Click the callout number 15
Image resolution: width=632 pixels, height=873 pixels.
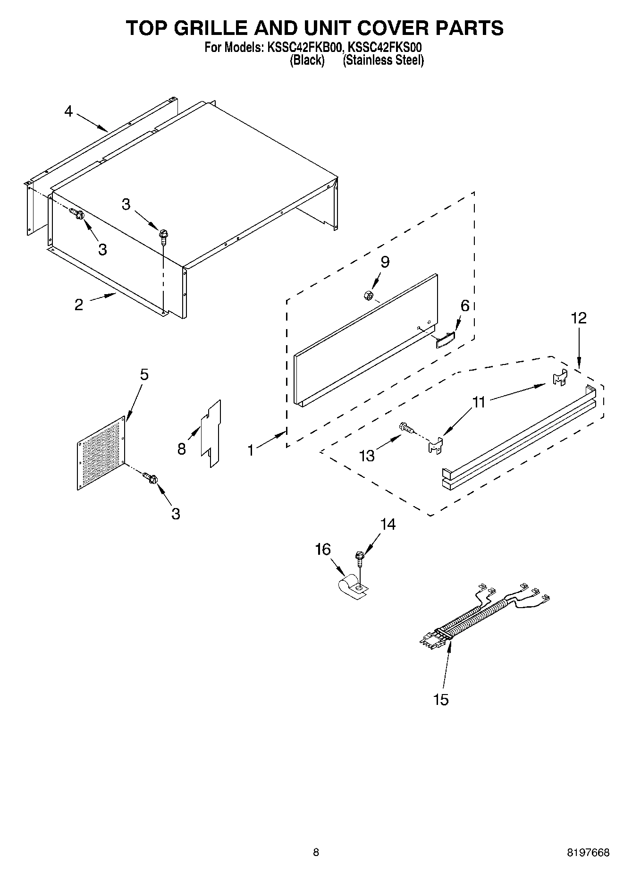pos(440,699)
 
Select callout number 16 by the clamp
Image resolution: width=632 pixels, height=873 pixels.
pos(323,550)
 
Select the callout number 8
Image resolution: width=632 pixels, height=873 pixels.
pos(182,449)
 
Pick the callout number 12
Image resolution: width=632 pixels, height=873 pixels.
pos(579,318)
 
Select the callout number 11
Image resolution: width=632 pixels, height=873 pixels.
pos(479,402)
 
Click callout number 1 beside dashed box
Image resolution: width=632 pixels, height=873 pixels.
pos(251,450)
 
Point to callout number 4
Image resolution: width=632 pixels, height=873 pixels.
pos(69,112)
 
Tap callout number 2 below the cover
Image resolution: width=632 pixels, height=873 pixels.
pos(79,305)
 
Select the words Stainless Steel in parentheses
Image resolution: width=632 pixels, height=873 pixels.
pos(383,60)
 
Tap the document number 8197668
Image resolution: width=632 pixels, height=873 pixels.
pos(588,852)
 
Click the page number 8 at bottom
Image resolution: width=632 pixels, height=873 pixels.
pos(316,852)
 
